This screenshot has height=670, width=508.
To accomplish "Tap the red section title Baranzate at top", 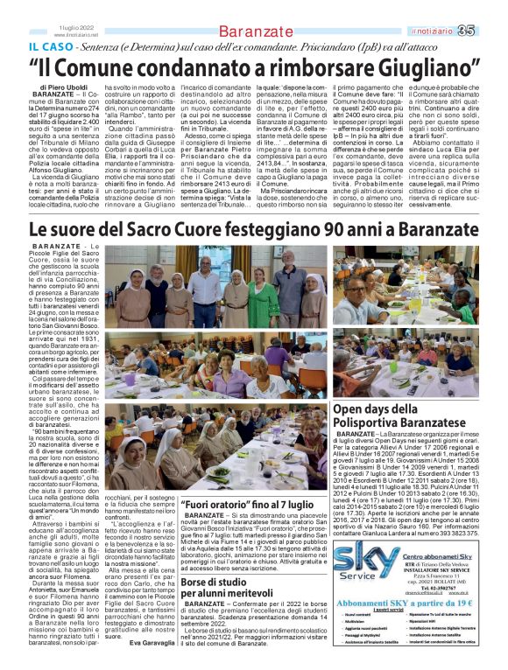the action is pyautogui.click(x=255, y=32).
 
